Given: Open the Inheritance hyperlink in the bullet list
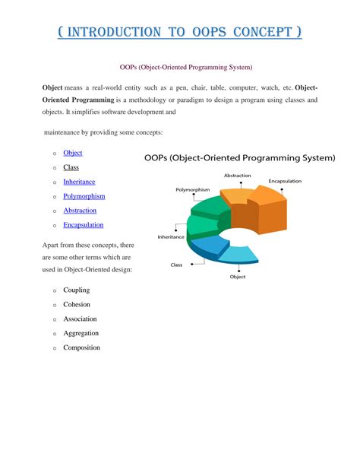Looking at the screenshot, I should click(80, 182).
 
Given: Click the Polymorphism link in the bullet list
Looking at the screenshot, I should click(84, 196).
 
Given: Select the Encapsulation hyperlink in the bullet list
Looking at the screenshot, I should click(84, 224).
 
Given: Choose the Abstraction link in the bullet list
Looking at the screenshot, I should click(80, 210).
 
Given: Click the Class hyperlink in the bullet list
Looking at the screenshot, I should click(71, 167).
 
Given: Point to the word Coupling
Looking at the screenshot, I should click(76, 290).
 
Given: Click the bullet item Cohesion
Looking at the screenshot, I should click(77, 305).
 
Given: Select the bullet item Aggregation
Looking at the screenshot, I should click(81, 333).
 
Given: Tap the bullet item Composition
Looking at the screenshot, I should click(81, 347).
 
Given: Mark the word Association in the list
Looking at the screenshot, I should click(80, 319).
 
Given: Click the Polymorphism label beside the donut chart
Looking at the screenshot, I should click(193, 189).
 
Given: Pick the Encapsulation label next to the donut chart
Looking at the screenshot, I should click(285, 182).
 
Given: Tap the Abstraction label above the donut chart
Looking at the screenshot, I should click(237, 176).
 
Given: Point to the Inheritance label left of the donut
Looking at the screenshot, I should click(171, 237).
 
